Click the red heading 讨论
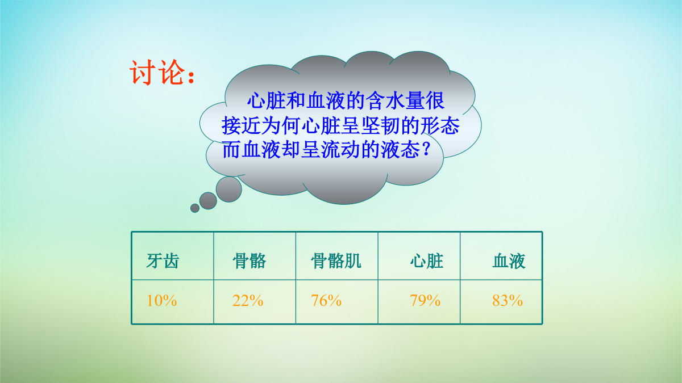pos(157,73)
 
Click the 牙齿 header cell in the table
pos(163,261)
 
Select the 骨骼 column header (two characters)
pos(249,261)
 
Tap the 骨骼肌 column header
pos(336,261)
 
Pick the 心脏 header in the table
pos(427,261)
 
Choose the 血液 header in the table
pos(509,261)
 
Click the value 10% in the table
pos(161,301)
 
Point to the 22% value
pos(248,301)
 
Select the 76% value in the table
pos(326,301)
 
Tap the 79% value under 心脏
pos(425,301)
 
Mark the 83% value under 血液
pos(508,301)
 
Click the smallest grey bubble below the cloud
pos(195,208)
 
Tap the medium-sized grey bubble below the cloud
pos(208,201)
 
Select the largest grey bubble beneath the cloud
pos(229,189)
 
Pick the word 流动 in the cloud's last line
pos(341,150)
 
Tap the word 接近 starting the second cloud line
pos(241,125)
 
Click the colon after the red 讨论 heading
pos(191,78)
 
